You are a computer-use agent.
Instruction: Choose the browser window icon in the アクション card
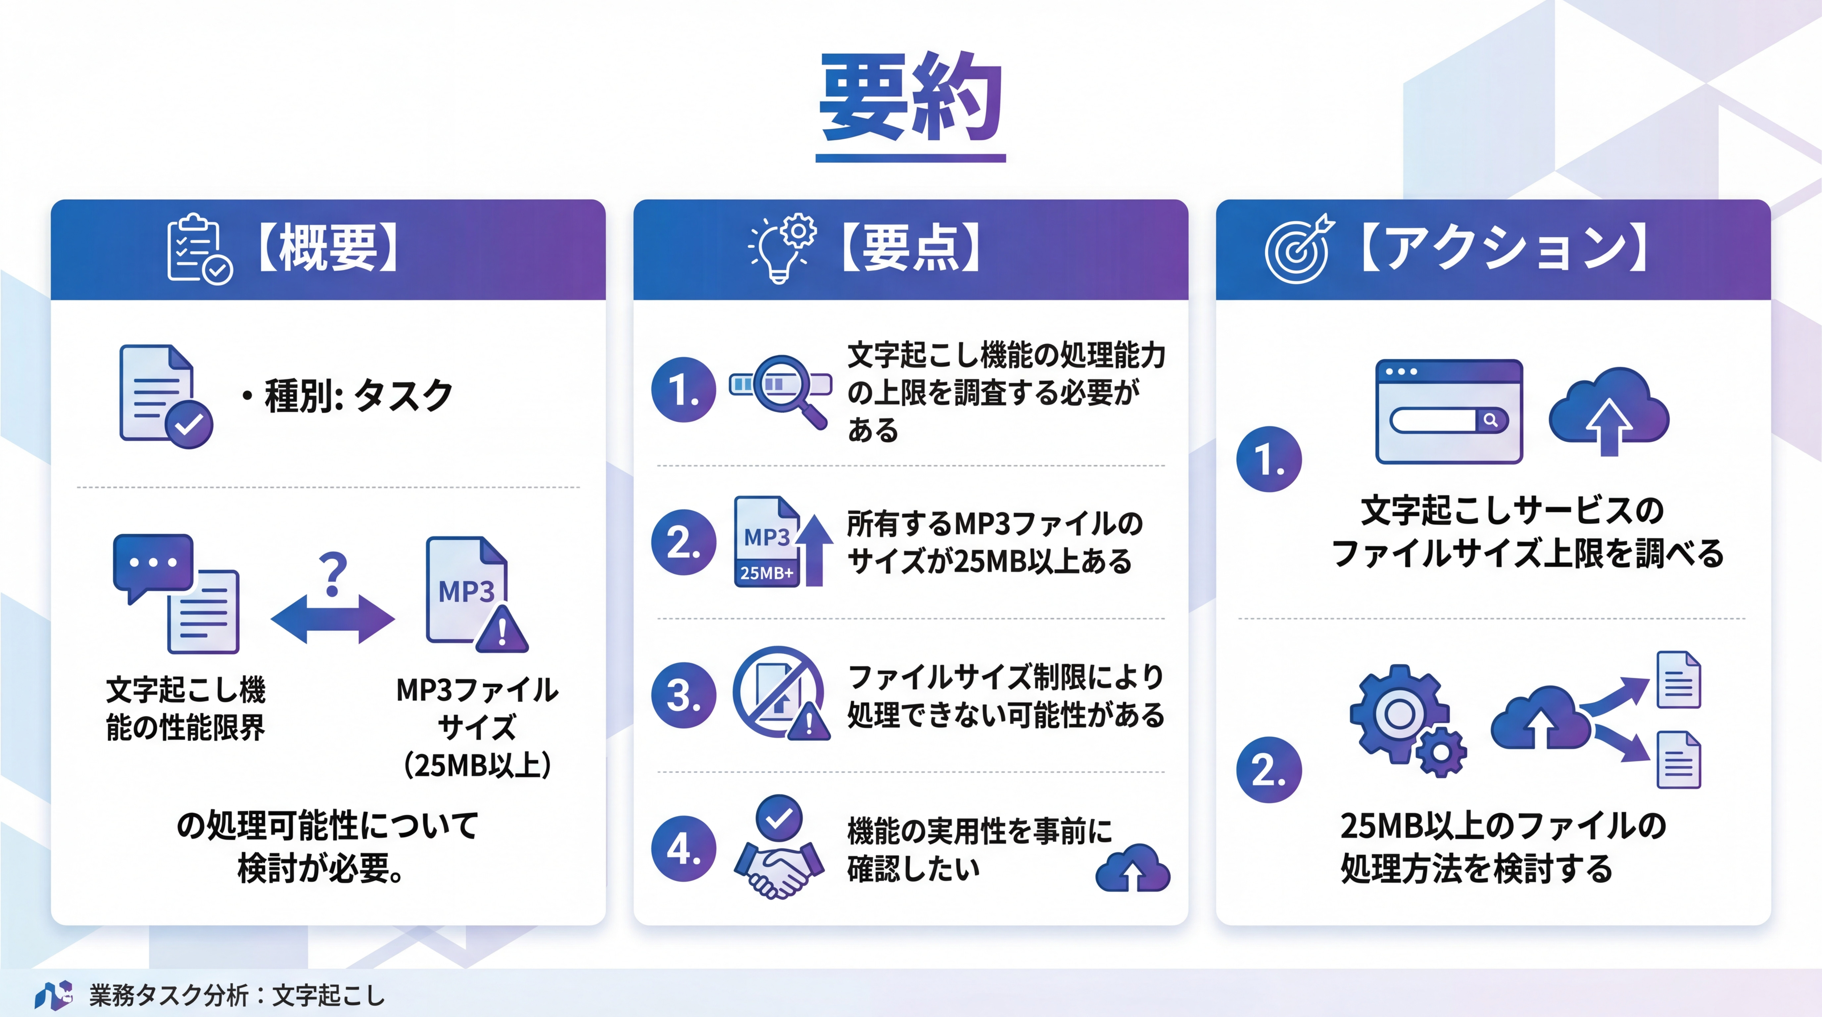click(1449, 412)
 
